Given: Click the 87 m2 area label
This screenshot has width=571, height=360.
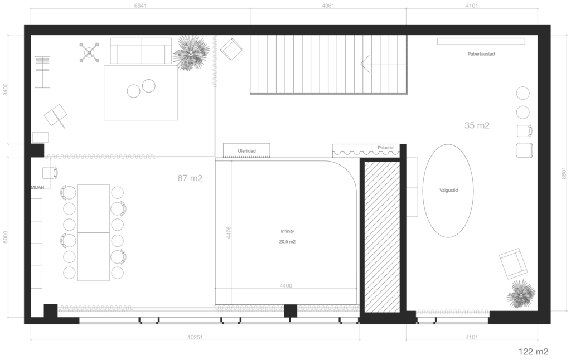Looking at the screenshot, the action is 190,178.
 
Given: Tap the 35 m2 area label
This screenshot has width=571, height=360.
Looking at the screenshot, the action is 477,125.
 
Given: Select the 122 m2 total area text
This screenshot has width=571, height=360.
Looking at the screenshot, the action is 533,351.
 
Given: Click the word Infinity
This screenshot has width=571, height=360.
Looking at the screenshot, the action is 287,231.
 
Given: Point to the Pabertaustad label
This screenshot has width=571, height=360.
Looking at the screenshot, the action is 481,54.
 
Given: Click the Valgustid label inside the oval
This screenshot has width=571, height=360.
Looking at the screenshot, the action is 448,190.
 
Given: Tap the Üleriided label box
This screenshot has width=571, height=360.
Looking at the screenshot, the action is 246,150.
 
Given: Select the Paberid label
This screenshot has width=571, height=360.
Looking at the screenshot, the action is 385,148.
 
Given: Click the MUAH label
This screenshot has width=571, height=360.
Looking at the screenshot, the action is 37,187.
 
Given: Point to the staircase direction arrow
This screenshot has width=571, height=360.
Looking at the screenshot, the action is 383,64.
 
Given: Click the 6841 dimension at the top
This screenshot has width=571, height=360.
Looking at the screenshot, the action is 140,6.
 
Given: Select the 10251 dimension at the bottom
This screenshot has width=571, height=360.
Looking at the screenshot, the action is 195,338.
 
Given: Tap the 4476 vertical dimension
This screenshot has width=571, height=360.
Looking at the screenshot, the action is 229,232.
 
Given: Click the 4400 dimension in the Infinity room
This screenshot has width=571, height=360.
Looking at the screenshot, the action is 286,286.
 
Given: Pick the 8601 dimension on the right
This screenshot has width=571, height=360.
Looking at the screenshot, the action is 564,173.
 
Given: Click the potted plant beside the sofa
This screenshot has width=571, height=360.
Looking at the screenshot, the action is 191,53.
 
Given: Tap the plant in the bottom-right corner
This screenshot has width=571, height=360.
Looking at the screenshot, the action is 521,294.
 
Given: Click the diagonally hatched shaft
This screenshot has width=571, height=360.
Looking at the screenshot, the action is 382,237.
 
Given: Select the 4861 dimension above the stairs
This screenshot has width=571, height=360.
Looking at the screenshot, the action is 328,6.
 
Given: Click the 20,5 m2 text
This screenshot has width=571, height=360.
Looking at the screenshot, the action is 287,242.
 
